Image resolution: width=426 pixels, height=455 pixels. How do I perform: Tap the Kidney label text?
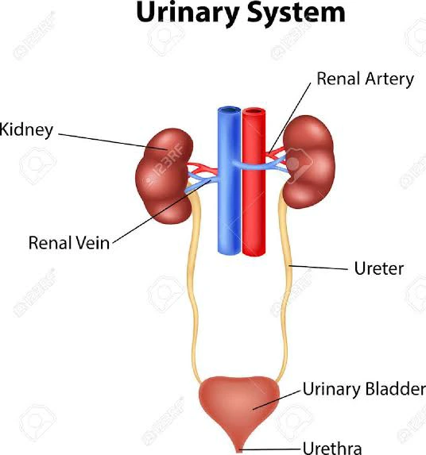[26, 129]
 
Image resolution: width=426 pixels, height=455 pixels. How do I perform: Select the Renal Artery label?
[365, 79]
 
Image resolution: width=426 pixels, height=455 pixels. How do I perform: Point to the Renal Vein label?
[69, 243]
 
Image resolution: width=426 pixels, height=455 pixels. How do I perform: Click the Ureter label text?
[379, 268]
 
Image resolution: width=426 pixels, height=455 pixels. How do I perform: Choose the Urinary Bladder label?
[364, 389]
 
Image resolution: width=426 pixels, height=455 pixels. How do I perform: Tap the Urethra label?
[332, 448]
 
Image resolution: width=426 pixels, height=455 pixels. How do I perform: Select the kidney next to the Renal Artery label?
[309, 162]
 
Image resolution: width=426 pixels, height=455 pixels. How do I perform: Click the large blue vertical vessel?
[230, 181]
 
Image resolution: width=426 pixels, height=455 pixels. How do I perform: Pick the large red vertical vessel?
[254, 182]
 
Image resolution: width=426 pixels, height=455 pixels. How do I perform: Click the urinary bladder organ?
[239, 407]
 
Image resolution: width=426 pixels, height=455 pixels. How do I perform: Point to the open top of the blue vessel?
[230, 110]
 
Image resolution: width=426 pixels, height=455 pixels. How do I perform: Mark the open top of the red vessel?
[254, 111]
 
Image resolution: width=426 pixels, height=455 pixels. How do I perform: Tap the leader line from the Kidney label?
[113, 141]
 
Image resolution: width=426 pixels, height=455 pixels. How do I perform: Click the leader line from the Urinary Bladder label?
[277, 400]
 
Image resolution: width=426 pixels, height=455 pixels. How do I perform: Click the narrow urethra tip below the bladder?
[239, 449]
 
